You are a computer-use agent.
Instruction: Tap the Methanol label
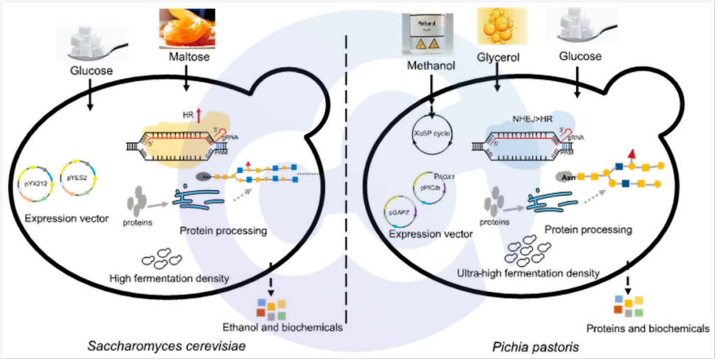point(432,65)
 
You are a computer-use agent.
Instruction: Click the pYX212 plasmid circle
point(36,184)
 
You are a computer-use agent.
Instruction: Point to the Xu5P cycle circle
point(433,131)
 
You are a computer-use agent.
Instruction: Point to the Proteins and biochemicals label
point(644,329)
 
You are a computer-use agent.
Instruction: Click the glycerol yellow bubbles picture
point(500,25)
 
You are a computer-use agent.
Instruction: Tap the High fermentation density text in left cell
point(170,278)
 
